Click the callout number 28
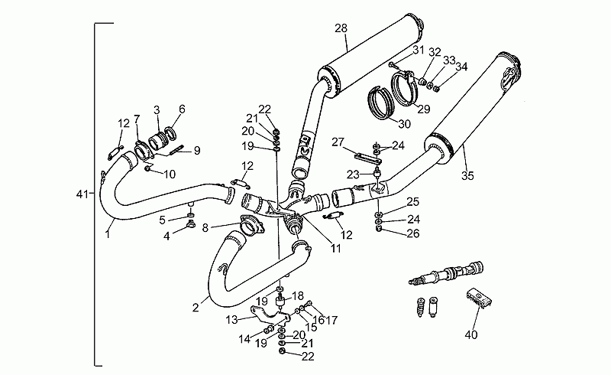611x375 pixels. click(x=341, y=28)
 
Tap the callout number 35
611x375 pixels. click(x=467, y=176)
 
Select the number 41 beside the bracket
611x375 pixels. click(x=82, y=194)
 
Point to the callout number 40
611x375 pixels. click(x=470, y=334)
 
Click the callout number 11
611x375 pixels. click(x=336, y=248)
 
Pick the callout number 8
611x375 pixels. click(x=205, y=227)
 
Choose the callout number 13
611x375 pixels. click(x=231, y=320)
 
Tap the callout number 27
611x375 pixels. click(x=338, y=142)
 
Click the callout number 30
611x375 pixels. click(x=405, y=124)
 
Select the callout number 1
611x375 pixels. click(x=108, y=234)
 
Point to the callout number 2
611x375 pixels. click(x=196, y=308)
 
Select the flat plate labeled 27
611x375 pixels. click(x=368, y=158)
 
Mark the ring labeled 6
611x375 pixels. click(x=172, y=133)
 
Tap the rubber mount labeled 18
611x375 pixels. click(x=280, y=302)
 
